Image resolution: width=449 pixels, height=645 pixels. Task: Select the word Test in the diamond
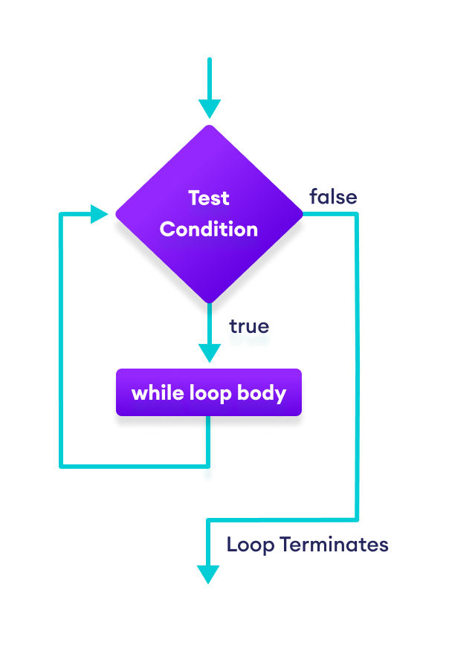[209, 198]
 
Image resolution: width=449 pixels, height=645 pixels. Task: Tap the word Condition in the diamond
[209, 229]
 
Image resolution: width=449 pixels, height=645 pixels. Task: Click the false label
[333, 197]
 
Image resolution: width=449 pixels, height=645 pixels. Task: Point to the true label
[248, 327]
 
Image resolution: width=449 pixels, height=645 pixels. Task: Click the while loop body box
[209, 392]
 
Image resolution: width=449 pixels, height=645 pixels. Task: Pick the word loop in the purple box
[210, 392]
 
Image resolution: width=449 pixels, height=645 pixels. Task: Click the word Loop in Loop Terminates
[251, 545]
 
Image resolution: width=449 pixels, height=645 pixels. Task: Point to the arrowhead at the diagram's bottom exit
[208, 574]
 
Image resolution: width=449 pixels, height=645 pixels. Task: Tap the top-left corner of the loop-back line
[62, 215]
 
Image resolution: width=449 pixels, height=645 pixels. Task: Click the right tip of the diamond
[302, 214]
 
